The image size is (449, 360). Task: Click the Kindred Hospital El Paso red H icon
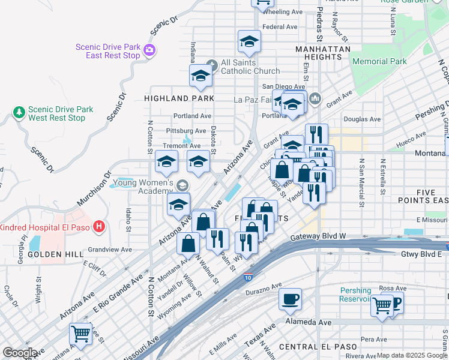pos(100,227)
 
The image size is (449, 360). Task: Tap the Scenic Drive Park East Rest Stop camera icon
pos(149,51)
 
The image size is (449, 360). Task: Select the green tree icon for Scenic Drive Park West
pos(19,112)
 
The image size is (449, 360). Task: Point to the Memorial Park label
pos(379,61)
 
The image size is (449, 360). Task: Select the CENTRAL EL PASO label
pos(315,347)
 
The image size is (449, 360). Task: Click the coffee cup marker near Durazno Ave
pos(290,299)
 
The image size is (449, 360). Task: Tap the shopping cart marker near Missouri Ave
pos(80,334)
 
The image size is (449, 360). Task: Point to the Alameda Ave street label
pos(309,322)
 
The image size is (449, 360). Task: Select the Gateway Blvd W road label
pos(318,236)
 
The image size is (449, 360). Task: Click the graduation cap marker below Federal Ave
pos(249,41)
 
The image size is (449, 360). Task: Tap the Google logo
pos(20,353)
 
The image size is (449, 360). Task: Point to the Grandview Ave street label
pos(109,249)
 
